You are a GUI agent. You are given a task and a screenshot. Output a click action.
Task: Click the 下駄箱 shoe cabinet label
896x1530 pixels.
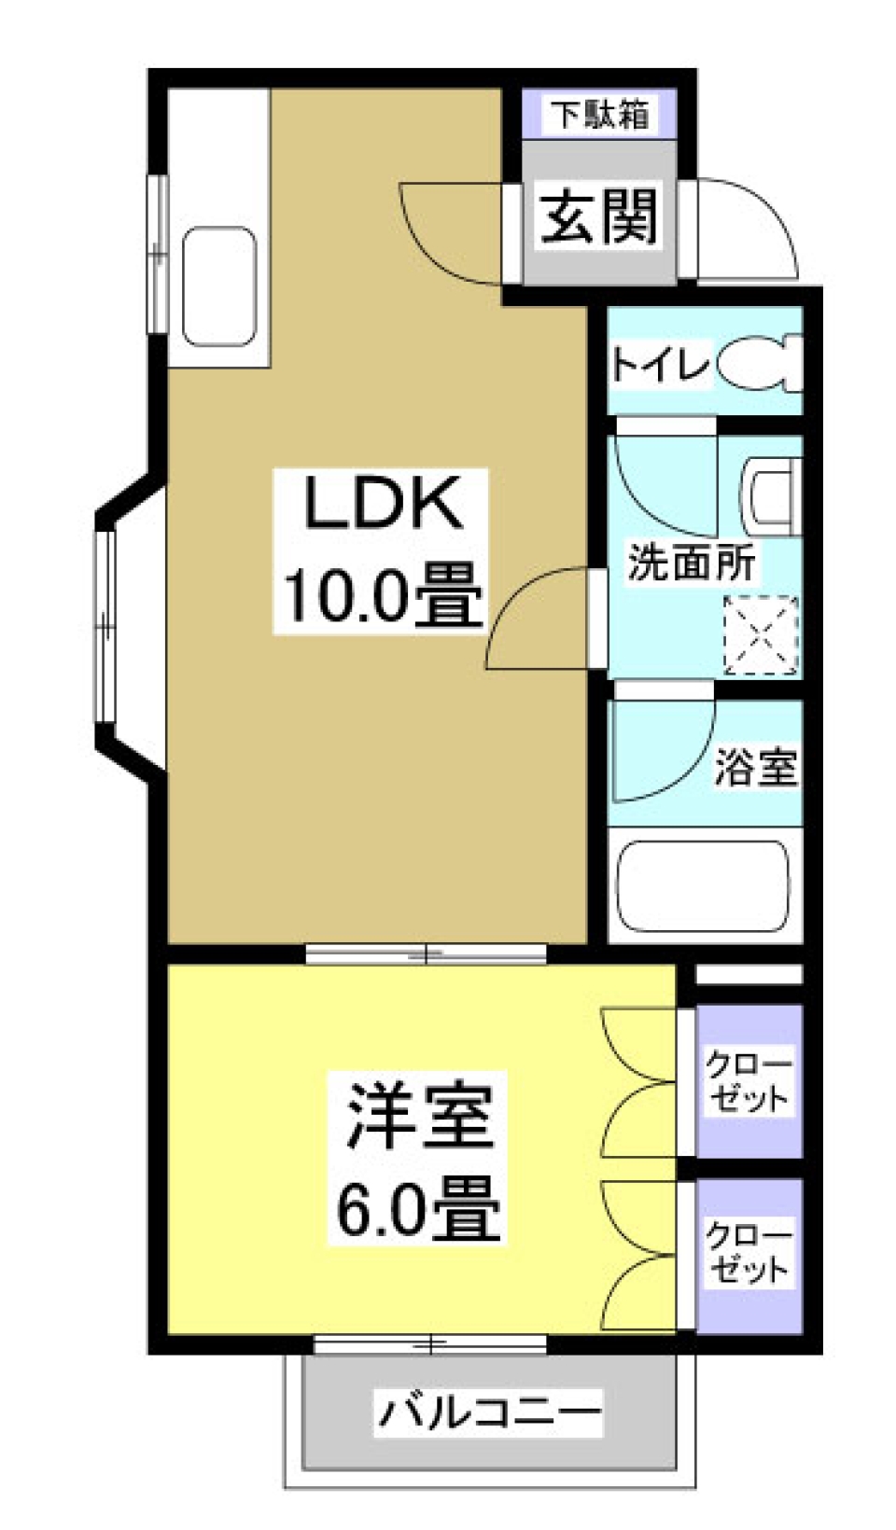click(x=598, y=114)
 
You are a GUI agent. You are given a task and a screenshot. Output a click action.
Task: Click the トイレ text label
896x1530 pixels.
click(x=660, y=364)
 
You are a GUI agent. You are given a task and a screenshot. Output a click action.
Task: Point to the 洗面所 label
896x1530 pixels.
click(x=692, y=563)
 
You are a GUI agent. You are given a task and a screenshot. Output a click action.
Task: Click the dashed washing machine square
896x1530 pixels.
click(x=761, y=635)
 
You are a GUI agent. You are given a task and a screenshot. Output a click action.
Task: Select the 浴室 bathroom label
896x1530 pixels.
click(x=755, y=767)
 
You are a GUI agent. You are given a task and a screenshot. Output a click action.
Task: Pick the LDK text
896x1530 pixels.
click(x=384, y=504)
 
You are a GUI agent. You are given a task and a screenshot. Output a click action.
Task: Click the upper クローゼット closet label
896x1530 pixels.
click(x=748, y=1080)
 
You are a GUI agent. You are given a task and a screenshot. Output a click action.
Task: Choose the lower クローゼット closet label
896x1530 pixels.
click(x=748, y=1252)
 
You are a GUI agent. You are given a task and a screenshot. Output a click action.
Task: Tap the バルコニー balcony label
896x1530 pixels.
click(x=489, y=1411)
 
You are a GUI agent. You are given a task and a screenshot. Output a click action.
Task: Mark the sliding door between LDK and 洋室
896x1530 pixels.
click(x=426, y=954)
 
